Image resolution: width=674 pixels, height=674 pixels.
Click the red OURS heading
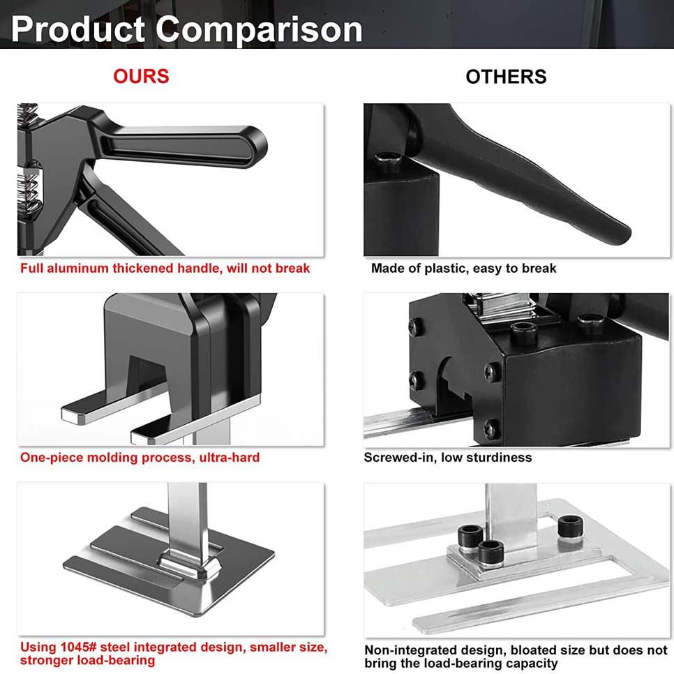pos(141,76)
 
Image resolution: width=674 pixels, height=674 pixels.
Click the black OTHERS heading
pos(506,77)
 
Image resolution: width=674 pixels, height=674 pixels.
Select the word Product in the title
pos(78,29)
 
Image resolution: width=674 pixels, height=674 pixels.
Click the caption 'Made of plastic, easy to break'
pos(463,268)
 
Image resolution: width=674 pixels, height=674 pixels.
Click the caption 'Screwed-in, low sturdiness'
pos(447,458)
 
